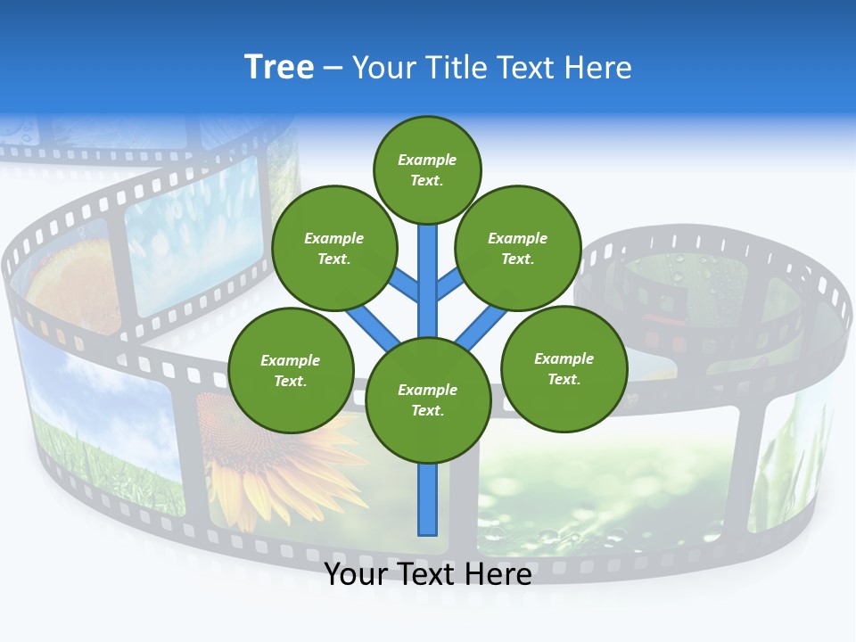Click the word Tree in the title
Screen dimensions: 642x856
tap(279, 67)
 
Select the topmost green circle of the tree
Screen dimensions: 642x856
tap(427, 169)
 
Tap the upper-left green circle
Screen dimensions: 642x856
tap(333, 248)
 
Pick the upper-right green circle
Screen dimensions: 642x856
tap(517, 248)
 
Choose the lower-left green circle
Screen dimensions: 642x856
tap(291, 370)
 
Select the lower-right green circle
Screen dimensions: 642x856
tap(564, 368)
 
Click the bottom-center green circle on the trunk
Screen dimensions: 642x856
tap(428, 399)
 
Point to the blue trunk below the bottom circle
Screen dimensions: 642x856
tap(428, 499)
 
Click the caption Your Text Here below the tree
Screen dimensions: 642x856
tap(428, 574)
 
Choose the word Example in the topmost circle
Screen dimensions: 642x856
tap(427, 160)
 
